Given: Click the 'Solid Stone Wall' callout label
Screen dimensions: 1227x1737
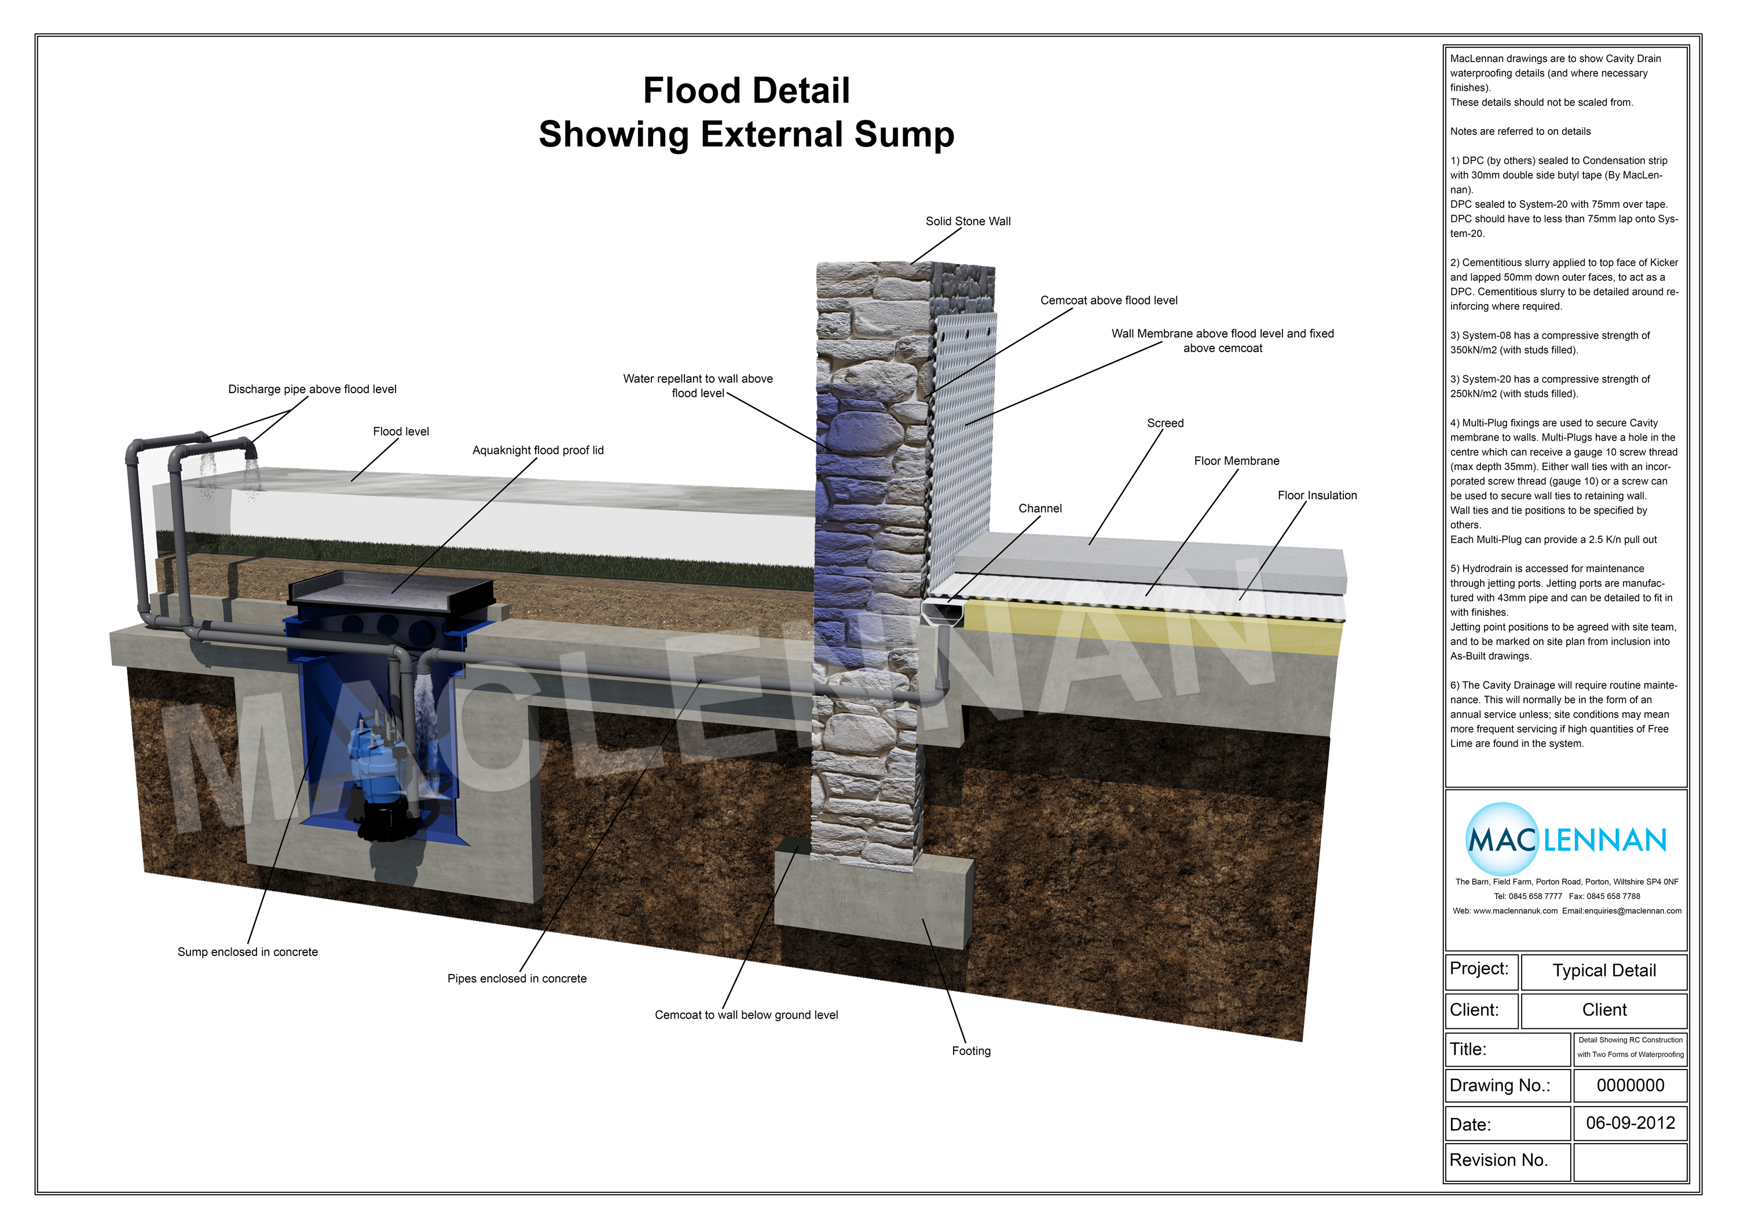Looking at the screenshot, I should (968, 221).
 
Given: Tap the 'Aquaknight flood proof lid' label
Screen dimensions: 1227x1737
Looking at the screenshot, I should (538, 450).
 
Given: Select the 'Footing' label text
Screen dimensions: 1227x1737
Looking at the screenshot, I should (970, 1051).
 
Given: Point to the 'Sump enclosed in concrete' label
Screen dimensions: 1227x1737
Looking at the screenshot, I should (247, 951).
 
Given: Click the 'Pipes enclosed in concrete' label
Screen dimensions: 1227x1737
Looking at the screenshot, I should (516, 978).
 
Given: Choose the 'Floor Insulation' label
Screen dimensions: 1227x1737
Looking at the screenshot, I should (1317, 496).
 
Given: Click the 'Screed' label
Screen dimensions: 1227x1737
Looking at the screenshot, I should (1165, 423).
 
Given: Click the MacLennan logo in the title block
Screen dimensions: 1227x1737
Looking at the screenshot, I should (1566, 840).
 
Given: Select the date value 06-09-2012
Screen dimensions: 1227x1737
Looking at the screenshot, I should (1630, 1123).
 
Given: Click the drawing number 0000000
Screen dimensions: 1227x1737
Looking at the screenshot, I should (1630, 1086).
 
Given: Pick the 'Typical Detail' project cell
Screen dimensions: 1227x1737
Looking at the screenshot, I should (1604, 970).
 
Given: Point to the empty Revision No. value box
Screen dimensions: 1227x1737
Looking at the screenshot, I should (1630, 1160).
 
